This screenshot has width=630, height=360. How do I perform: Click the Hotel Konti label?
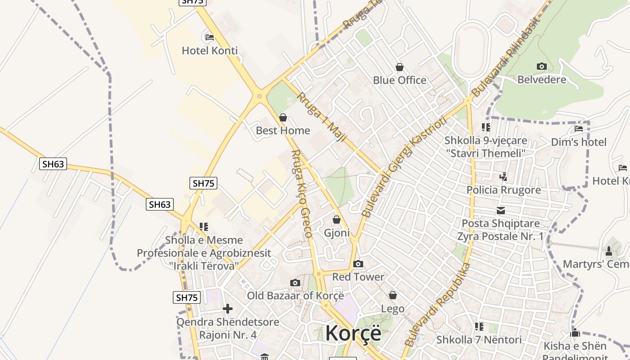coord(210,50)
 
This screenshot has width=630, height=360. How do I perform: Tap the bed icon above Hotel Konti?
coord(209,37)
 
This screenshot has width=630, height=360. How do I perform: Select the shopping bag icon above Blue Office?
coord(399,67)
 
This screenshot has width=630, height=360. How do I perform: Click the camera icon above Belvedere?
coord(541,67)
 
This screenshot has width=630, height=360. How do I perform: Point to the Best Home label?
coord(283,130)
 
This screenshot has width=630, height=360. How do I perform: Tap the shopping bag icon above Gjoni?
coord(336,220)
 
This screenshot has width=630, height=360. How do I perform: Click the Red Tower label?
coord(358,277)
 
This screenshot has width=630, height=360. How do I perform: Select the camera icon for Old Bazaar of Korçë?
coord(295,283)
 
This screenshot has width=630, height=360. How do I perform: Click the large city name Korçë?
coord(353,333)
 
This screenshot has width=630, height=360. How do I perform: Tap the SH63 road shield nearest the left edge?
coord(53,164)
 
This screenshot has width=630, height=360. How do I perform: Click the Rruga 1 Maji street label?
coord(321,117)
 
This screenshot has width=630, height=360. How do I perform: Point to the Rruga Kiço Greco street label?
coord(301,193)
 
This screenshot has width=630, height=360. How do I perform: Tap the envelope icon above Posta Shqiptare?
coord(500,210)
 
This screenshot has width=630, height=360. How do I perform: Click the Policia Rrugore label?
coord(504,190)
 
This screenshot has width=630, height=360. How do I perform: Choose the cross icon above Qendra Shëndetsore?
coord(228,309)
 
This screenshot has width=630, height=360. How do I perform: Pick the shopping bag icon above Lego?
coord(392,295)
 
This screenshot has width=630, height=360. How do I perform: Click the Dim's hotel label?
coord(579,142)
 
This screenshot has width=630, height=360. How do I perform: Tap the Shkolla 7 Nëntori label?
coord(479,339)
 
